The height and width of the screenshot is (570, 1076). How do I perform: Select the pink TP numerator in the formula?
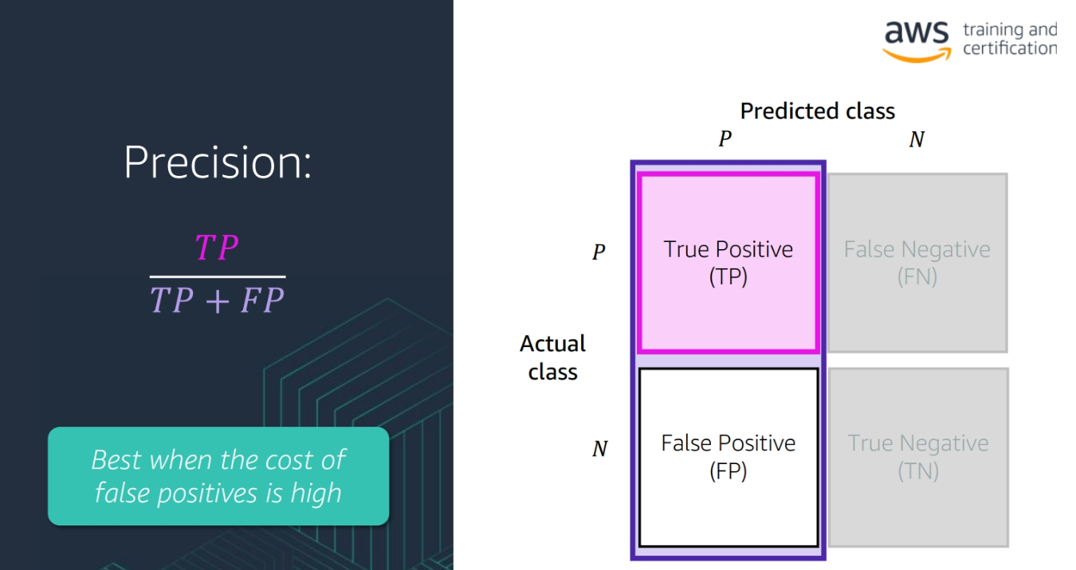point(217,248)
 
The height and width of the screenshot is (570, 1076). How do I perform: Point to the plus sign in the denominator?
point(215,301)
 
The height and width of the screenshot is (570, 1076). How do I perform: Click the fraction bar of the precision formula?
point(217,276)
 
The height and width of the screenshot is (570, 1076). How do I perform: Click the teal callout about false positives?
point(218,476)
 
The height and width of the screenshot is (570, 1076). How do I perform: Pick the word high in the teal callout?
point(316,493)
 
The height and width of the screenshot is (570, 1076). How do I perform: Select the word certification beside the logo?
point(1009,49)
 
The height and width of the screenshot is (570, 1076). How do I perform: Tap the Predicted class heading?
point(817,111)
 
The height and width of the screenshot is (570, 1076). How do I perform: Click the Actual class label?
point(552,357)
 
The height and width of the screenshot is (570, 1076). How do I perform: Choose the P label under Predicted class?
point(725,139)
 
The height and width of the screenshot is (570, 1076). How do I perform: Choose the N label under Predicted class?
point(917,139)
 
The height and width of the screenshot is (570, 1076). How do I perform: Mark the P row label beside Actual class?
point(599,252)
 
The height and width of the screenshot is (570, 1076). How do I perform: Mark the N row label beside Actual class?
point(599,449)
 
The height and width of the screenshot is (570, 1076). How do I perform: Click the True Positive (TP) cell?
point(728,263)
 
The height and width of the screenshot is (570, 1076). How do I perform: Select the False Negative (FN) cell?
point(917,263)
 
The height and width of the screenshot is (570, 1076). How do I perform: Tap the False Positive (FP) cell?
point(728,457)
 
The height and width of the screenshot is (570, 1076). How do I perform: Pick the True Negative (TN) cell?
point(918,457)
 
